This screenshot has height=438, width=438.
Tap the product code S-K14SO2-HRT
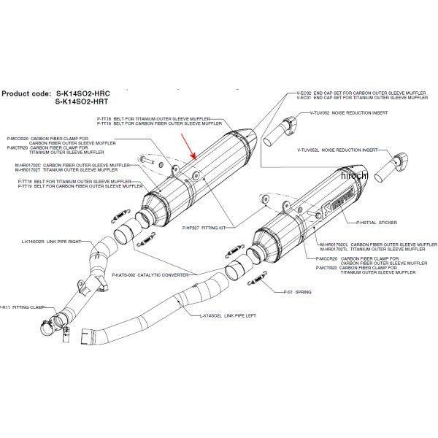point(88,103)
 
